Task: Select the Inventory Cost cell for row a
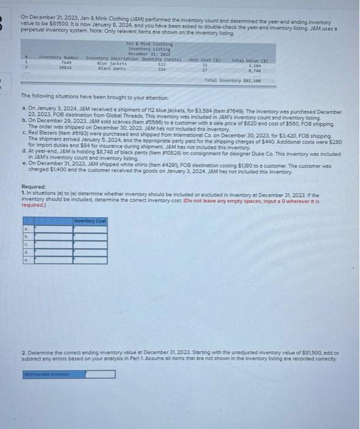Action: tap(90, 228)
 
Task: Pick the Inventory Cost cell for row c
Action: tap(90, 243)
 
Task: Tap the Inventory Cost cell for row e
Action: tap(90, 259)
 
